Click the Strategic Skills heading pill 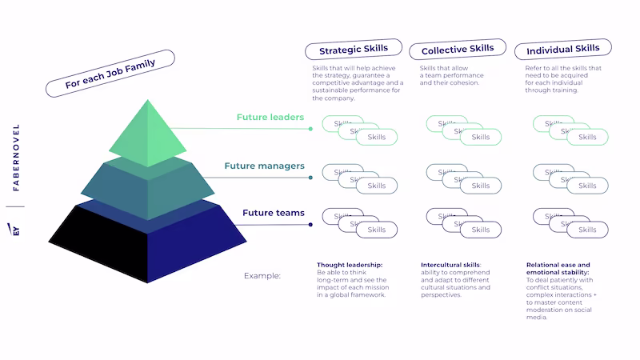coord(353,49)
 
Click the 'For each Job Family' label coord(110,74)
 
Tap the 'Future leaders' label coord(270,118)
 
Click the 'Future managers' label coord(264,166)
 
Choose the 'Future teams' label coord(274,213)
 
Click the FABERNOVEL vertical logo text coord(16,158)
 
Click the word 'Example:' coord(262,276)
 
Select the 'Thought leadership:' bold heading coord(349,265)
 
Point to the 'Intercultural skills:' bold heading coord(451,265)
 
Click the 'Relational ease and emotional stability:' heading coord(558,269)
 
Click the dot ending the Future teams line coord(310,225)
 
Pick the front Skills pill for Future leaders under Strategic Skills coord(376,138)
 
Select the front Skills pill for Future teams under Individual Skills coord(587,230)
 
